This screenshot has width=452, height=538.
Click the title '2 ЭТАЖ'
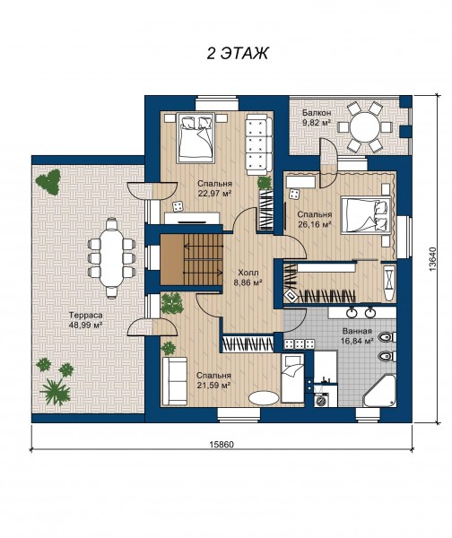[x=237, y=53]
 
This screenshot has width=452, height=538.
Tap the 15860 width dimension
[x=222, y=445]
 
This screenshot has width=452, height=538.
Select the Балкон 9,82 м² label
[x=316, y=117]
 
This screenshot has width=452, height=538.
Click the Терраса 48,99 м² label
[x=86, y=320]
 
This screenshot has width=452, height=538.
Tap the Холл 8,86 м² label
[x=250, y=278]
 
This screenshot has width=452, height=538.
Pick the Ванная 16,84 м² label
[x=357, y=336]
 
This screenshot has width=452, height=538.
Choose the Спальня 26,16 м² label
[x=315, y=220]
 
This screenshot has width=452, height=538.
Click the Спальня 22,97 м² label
[x=214, y=188]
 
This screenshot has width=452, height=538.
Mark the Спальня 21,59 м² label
[x=213, y=380]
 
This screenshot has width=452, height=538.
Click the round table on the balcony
[x=365, y=127]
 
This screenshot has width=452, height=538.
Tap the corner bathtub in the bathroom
[x=379, y=390]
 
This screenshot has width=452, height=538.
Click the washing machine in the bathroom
[x=322, y=400]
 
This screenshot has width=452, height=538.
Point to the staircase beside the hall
[x=192, y=259]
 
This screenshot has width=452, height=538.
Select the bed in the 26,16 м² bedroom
[x=366, y=215]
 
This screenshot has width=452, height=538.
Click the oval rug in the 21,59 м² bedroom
[x=264, y=398]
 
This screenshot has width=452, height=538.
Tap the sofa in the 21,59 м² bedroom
[x=175, y=381]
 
